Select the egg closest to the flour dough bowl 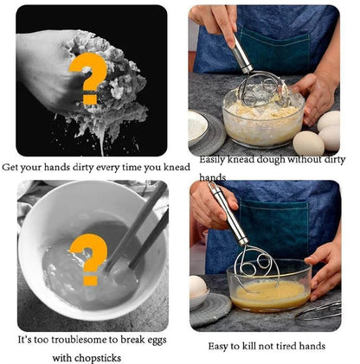pyautogui.click(x=310, y=142)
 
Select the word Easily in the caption pyautogui.click(x=215, y=161)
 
